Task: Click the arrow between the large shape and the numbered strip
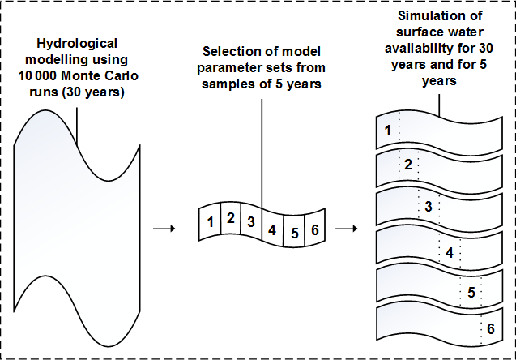point(164,228)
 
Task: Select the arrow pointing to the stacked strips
point(347,228)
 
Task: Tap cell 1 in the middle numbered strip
point(210,221)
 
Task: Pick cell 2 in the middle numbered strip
point(231,217)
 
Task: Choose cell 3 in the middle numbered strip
point(251,221)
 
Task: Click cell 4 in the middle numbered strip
point(272,229)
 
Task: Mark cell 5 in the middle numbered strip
point(294,233)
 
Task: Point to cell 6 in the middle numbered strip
point(315,228)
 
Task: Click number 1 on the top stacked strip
point(387,130)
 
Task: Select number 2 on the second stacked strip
point(408,165)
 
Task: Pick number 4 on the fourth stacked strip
point(449,252)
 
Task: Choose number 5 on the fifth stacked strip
point(470,292)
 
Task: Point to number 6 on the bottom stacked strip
point(488,329)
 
